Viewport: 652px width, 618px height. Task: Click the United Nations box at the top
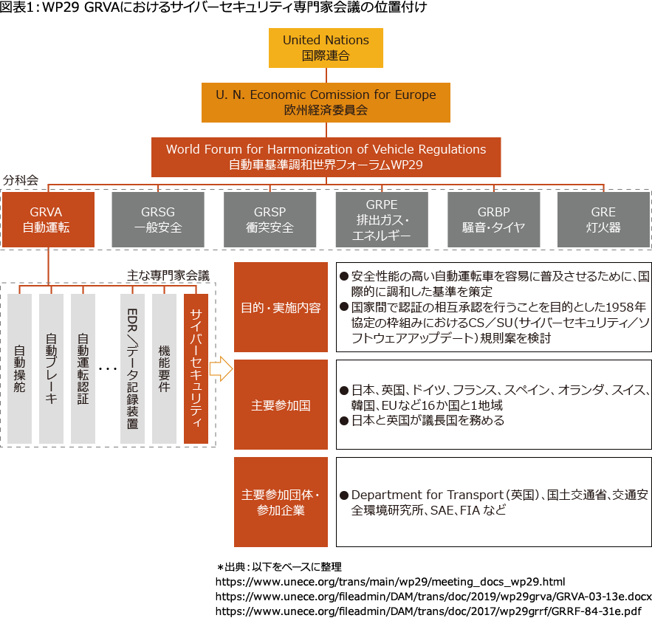coord(326,48)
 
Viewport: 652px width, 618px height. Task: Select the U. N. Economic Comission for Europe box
coord(326,102)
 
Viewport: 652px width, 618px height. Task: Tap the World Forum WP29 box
coord(326,157)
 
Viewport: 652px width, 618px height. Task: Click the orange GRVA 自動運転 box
coord(48,219)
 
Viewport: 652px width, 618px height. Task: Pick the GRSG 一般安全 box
coord(158,219)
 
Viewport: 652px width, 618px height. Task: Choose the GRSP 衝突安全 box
coord(270,219)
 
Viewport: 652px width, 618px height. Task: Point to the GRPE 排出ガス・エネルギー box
coord(382,219)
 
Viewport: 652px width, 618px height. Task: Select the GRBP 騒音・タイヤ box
coord(494,219)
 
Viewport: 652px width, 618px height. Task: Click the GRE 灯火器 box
coord(603,219)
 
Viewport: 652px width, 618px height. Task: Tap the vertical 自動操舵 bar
coord(19,368)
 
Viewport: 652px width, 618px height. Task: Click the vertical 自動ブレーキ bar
coord(51,368)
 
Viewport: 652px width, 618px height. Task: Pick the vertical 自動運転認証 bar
coord(83,368)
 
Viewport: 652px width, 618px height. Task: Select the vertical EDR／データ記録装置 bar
coord(132,368)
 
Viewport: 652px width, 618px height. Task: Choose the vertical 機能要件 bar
coord(164,368)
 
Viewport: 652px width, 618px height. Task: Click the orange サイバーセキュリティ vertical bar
coord(196,368)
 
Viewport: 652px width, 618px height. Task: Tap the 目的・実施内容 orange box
coord(281,306)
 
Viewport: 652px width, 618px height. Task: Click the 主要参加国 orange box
coord(281,405)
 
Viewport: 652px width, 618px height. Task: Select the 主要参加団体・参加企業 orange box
coord(281,502)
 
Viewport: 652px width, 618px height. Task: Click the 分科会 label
coord(21,180)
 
